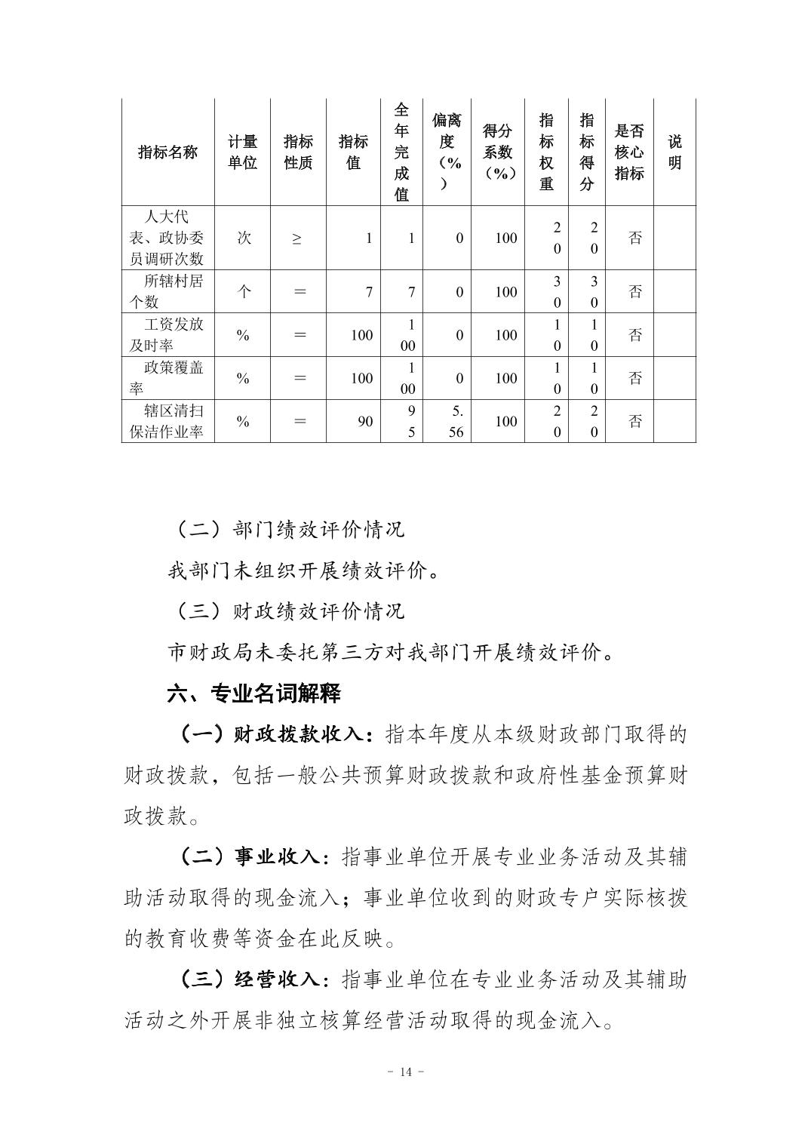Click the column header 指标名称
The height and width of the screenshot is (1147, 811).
tap(167, 152)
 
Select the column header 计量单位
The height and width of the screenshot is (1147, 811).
tap(242, 152)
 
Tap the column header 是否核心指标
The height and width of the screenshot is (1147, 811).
tap(629, 152)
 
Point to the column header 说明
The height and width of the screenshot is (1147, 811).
tap(674, 152)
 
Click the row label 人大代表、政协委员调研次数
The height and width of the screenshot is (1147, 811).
tap(167, 238)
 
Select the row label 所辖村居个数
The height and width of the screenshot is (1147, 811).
tap(167, 291)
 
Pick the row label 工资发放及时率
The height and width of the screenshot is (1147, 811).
tap(167, 334)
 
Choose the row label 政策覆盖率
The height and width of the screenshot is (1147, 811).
tap(167, 377)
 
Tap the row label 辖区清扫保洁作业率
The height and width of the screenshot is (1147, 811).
tap(167, 421)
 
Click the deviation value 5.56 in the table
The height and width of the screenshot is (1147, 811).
tap(455, 421)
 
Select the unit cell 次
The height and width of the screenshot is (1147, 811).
tap(244, 238)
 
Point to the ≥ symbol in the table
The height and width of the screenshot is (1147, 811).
tap(297, 238)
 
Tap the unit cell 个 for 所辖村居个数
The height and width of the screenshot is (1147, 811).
tap(244, 292)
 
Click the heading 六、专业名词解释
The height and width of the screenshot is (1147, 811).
tap(253, 693)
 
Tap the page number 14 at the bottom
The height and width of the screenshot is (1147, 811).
tap(406, 1072)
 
